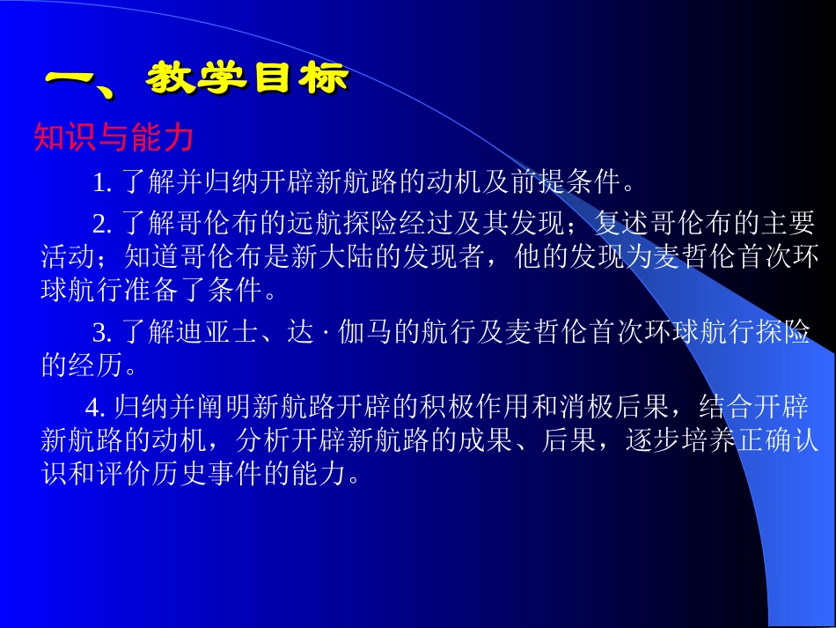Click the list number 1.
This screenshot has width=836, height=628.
[100, 184]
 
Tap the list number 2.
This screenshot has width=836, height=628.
[100, 223]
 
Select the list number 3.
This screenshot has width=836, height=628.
[100, 333]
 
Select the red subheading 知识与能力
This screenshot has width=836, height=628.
[113, 137]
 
